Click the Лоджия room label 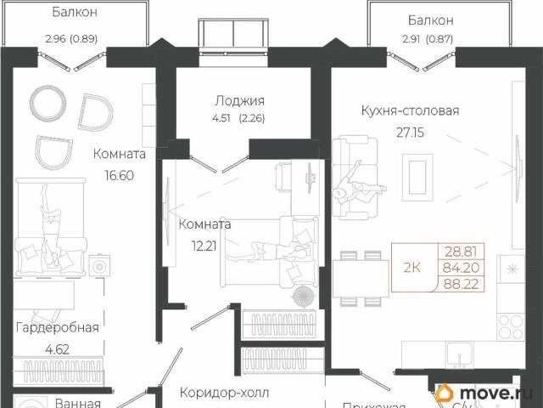click(x=240, y=99)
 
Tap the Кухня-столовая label click(x=410, y=110)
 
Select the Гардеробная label click(x=58, y=327)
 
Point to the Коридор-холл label click(x=224, y=393)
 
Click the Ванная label click(x=78, y=404)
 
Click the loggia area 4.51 click(x=226, y=118)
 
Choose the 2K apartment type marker click(x=412, y=268)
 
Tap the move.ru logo click(x=488, y=392)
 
